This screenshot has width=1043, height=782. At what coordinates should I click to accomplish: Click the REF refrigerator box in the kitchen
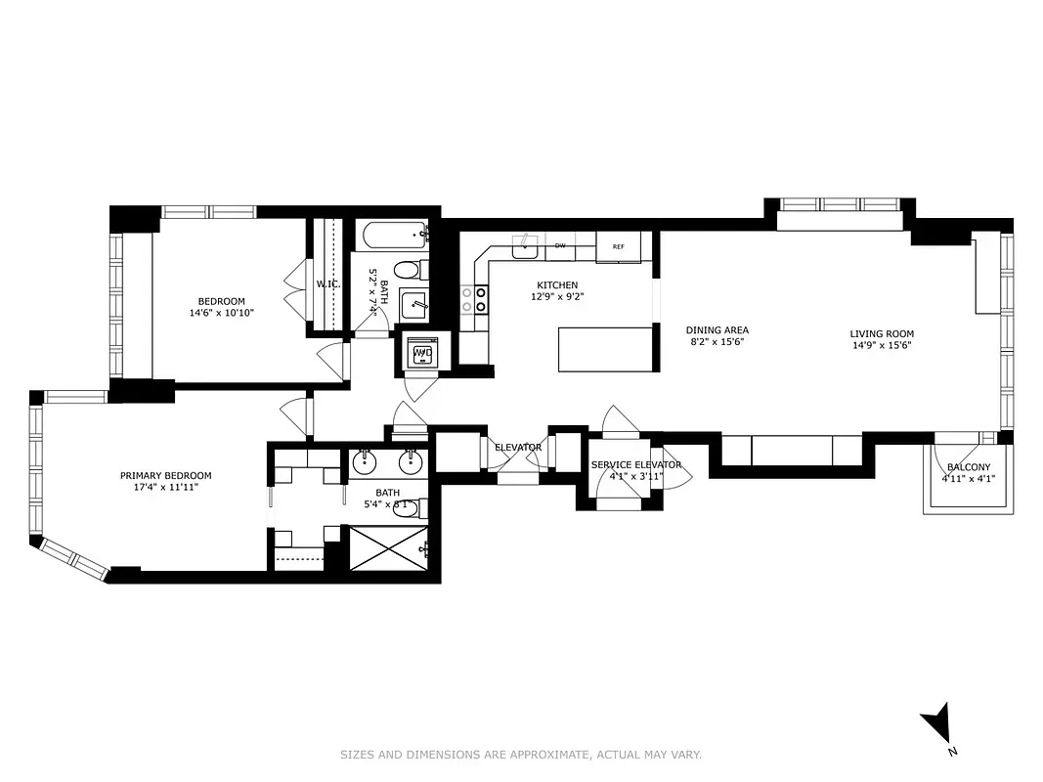click(x=618, y=247)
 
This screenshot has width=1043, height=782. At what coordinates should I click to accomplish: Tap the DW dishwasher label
click(x=560, y=246)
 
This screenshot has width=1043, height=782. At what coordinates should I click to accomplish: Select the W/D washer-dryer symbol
click(x=423, y=353)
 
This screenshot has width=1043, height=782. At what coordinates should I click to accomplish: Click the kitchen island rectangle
click(x=605, y=350)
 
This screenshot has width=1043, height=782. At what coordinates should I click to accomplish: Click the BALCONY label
click(x=968, y=467)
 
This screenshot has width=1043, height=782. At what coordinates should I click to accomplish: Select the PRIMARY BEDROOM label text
click(x=165, y=476)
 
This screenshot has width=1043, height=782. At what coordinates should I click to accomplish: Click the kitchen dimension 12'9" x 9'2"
click(x=556, y=297)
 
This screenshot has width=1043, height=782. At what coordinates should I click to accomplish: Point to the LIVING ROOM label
click(x=882, y=334)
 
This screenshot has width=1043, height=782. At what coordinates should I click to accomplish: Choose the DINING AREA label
click(x=717, y=330)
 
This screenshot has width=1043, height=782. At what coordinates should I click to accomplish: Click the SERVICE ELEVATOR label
click(x=635, y=464)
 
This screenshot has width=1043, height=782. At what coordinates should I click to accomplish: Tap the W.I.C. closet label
click(x=326, y=284)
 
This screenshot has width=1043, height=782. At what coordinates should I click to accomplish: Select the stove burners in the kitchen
click(x=474, y=299)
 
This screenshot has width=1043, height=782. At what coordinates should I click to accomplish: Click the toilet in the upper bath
click(x=406, y=270)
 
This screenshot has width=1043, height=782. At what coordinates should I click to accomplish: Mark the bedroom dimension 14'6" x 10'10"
click(x=222, y=314)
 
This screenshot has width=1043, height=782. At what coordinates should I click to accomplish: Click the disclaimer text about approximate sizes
click(x=521, y=754)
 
